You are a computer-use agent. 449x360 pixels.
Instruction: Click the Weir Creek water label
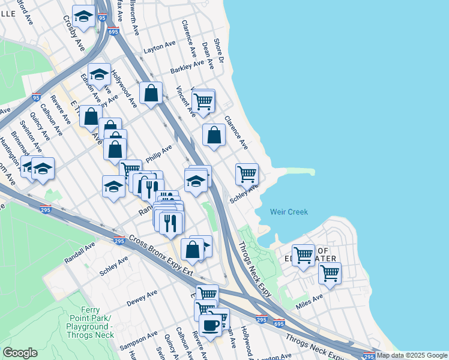pos(289,212)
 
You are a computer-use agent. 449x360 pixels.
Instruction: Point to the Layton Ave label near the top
pos(160,46)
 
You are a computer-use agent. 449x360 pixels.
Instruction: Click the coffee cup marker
pos(210,325)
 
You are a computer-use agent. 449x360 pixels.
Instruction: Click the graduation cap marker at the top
pos(83,17)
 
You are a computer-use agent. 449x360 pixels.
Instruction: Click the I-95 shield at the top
pos(102,18)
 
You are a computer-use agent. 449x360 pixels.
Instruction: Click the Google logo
pos(20,353)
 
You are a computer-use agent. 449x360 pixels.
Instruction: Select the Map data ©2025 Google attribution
pos(412,355)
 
